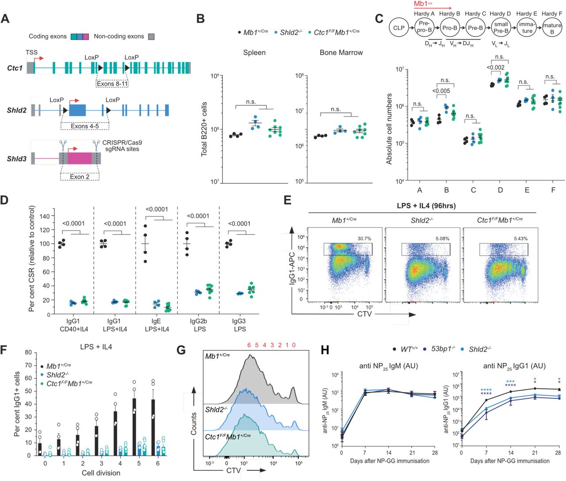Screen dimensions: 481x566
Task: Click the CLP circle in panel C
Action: [x=399, y=27]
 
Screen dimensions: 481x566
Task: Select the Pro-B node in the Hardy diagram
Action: [x=450, y=27]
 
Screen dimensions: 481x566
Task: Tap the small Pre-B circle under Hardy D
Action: [x=501, y=27]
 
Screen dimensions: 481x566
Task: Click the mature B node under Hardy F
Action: [x=552, y=28]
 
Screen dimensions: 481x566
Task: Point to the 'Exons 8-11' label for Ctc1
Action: [x=112, y=83]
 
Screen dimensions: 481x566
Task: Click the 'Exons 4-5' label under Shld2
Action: [x=84, y=126]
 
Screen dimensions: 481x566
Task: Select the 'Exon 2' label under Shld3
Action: [x=80, y=177]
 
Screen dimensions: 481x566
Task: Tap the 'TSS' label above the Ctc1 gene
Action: [x=31, y=52]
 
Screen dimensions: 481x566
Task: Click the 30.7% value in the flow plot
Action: [x=364, y=239]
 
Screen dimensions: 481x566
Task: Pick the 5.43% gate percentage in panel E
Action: [x=520, y=239]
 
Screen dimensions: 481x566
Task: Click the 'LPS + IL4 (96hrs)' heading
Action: [x=426, y=206]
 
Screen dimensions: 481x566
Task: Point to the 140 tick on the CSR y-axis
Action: [x=44, y=216]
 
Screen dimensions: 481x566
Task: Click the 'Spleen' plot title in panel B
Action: [x=254, y=53]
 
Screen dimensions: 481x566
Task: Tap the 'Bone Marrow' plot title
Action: [x=341, y=53]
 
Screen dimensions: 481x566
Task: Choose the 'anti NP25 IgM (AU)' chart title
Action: [x=388, y=366]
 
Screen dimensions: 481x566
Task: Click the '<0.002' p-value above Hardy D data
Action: [x=495, y=68]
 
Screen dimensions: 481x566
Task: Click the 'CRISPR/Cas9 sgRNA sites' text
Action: [x=122, y=146]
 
